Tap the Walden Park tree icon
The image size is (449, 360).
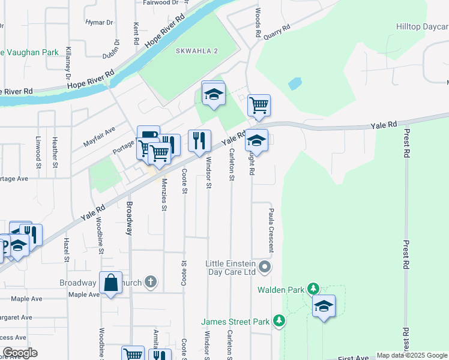coord(313,289)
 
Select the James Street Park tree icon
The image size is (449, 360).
coord(279,322)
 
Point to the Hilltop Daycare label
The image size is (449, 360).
coord(422,27)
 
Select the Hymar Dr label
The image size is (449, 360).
coord(100,22)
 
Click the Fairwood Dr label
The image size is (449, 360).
coord(161,2)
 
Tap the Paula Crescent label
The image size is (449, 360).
coord(272,223)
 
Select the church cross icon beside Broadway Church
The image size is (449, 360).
coord(151,281)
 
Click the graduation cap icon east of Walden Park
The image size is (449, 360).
coord(324,305)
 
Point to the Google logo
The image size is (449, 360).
coord(20,353)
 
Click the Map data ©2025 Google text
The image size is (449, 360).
coord(412,355)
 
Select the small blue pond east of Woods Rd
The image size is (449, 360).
coord(294,83)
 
